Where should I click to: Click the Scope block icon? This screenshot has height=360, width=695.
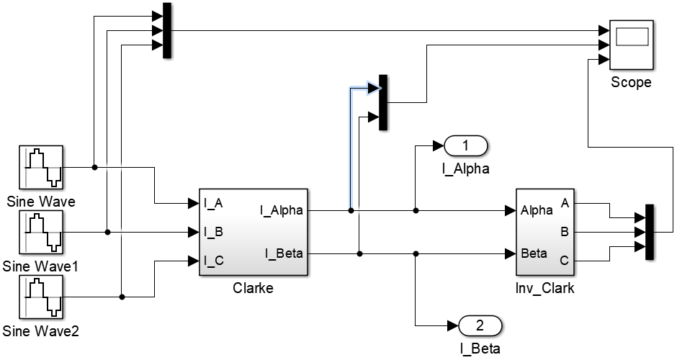(631, 42)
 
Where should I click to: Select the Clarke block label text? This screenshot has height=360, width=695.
(253, 288)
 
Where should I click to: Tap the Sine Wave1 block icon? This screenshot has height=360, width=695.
(41, 233)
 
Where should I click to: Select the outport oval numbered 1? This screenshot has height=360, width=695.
(466, 146)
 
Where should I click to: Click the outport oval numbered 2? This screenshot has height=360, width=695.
(480, 326)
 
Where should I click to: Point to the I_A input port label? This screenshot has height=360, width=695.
(213, 203)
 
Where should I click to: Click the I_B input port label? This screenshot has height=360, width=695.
(213, 232)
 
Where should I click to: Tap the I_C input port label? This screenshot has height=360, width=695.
(213, 261)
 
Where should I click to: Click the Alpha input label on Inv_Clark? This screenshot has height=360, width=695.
(537, 210)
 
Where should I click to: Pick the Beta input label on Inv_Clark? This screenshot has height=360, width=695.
(534, 253)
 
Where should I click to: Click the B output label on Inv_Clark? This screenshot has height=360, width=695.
(564, 232)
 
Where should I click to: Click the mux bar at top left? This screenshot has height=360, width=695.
(167, 30)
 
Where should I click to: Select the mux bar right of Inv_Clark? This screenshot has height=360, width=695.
(649, 232)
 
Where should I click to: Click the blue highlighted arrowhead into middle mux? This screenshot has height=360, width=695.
(373, 89)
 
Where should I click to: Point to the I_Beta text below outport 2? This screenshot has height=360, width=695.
(480, 349)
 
